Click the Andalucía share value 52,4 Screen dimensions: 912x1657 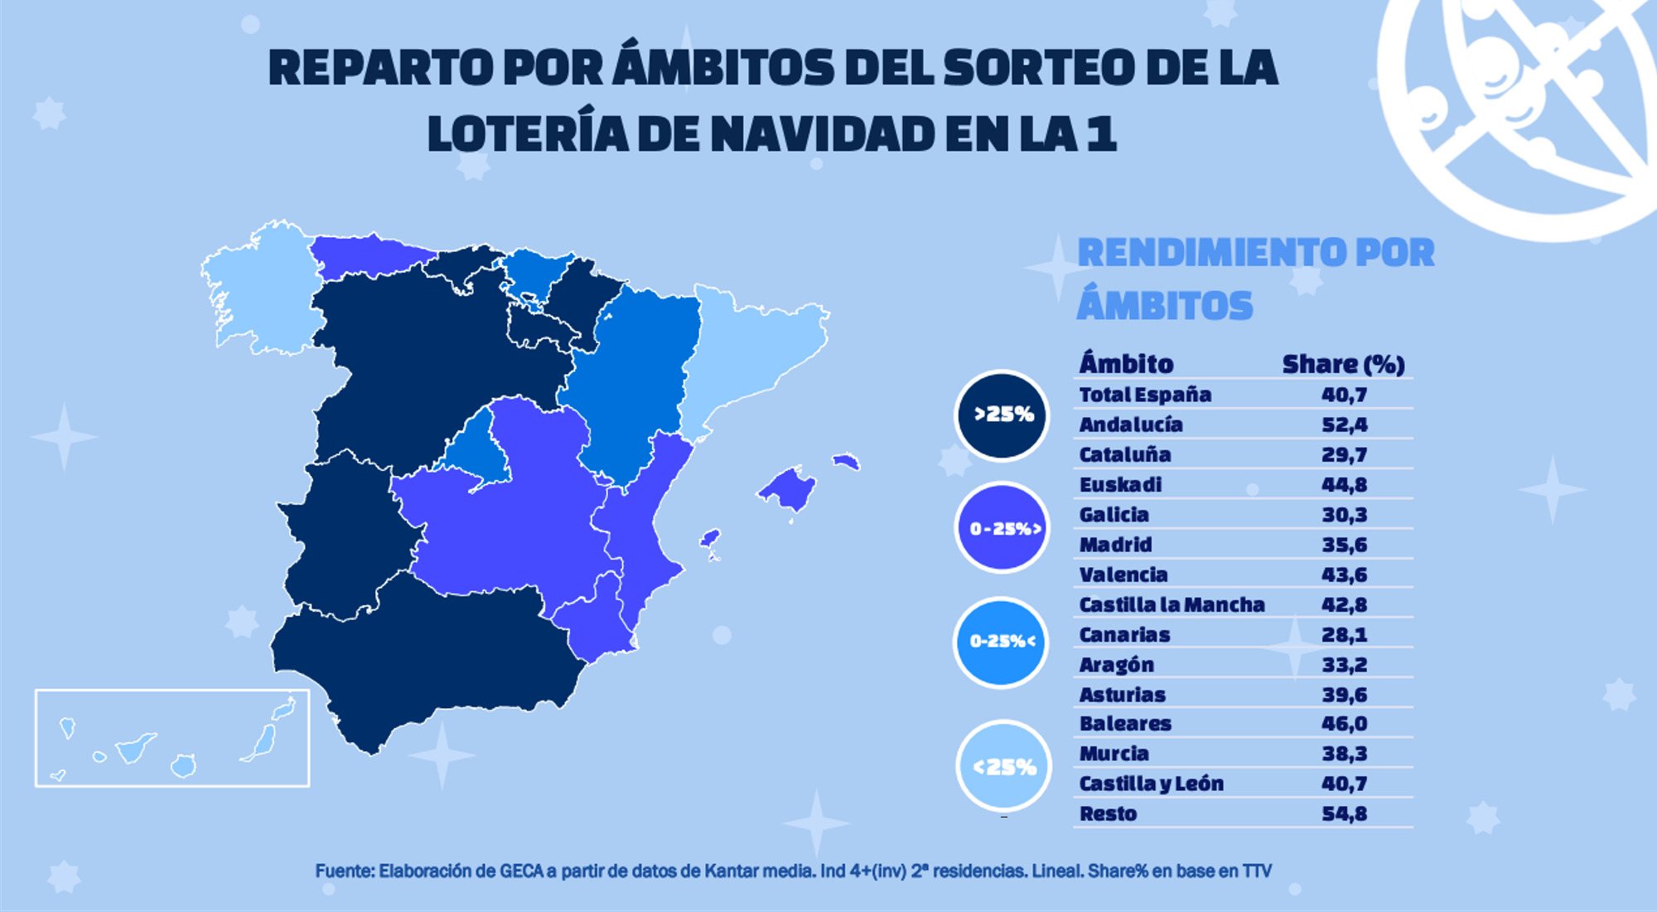click(1344, 424)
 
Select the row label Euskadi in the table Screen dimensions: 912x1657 click(1120, 484)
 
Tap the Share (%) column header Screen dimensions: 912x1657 click(1343, 364)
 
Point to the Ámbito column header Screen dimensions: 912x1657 click(1126, 364)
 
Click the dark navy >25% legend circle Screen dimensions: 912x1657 click(1002, 415)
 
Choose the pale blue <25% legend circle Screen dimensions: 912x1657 click(1002, 766)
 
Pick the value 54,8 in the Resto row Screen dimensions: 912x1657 click(1344, 813)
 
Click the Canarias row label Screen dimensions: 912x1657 click(1124, 634)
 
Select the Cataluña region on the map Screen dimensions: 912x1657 click(754, 348)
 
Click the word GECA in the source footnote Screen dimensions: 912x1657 click(521, 871)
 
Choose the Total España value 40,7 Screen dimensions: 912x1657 click(1344, 395)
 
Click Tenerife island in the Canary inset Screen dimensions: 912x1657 click(134, 748)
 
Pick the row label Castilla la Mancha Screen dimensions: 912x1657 click(1171, 604)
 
